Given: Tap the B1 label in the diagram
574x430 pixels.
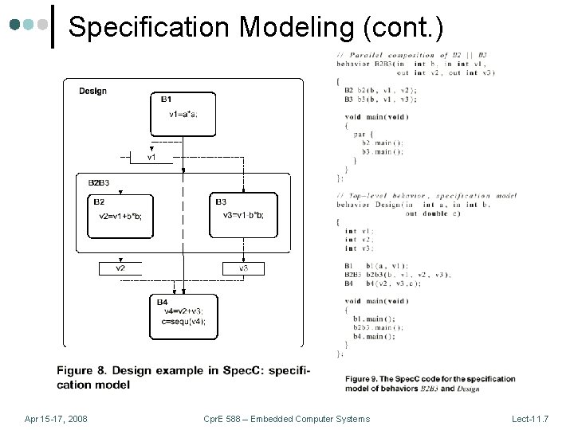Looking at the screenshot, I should click(x=166, y=100).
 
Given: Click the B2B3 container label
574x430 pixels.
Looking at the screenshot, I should click(x=98, y=183).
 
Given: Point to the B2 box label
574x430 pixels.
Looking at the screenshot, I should click(x=99, y=201).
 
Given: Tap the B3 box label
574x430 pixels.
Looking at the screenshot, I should click(x=221, y=201).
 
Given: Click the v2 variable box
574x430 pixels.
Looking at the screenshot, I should click(x=120, y=268).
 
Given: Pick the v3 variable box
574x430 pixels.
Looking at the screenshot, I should click(x=244, y=268).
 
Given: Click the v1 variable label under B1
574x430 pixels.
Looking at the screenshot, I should click(x=151, y=158).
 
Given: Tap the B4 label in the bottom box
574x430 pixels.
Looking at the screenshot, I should click(x=163, y=302).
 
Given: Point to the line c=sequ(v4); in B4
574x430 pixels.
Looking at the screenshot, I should click(x=184, y=321).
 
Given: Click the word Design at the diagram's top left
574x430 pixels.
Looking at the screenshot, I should click(x=92, y=91).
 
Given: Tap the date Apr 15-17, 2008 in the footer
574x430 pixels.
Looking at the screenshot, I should click(x=56, y=419).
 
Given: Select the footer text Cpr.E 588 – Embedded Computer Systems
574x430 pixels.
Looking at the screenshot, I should click(x=286, y=419).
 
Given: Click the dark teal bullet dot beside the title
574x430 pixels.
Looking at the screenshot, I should click(x=15, y=25).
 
